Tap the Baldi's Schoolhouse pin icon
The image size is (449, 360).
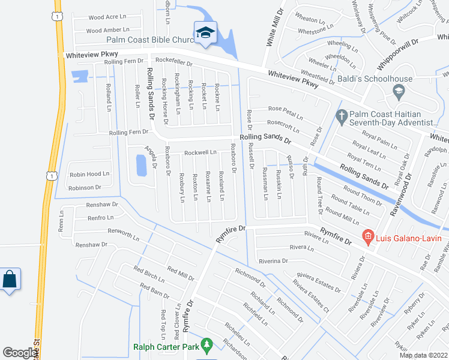(397, 91)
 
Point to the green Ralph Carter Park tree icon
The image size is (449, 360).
(207, 345)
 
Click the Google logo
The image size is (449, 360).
(20, 353)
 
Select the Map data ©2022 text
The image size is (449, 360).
(423, 355)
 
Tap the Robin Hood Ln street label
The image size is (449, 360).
(89, 174)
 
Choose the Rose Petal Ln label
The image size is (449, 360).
(285, 112)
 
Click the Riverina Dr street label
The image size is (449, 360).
(273, 261)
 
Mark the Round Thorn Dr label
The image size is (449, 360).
(363, 196)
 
